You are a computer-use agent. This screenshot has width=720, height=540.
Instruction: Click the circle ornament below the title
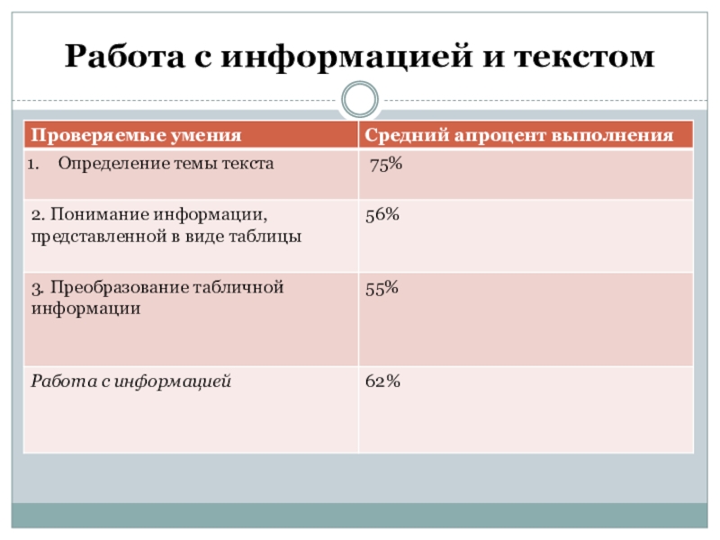tap(360, 99)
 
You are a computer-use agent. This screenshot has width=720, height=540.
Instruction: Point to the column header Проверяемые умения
tap(137, 136)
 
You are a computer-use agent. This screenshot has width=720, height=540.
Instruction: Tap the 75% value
tap(386, 164)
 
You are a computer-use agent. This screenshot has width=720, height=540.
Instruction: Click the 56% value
tap(382, 215)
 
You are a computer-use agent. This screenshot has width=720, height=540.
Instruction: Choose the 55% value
tap(382, 287)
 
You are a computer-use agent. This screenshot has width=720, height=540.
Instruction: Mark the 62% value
tap(382, 382)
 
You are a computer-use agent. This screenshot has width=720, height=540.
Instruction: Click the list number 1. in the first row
tap(38, 164)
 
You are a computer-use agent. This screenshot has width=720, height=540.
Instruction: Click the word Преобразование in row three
tap(117, 288)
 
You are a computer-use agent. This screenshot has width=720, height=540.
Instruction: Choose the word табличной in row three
tap(238, 288)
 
